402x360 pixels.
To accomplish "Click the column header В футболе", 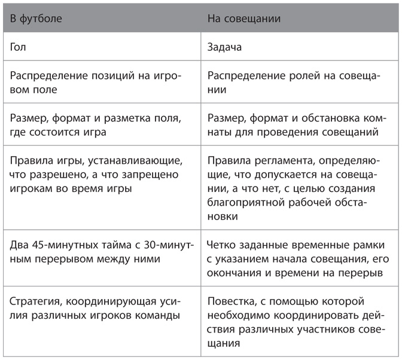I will pos(36,19).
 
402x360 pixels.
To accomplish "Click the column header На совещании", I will pos(244,19).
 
